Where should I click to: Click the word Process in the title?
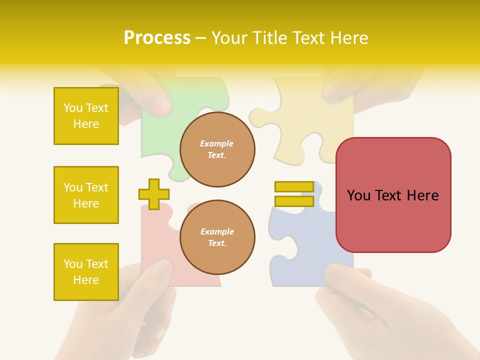tap(157, 38)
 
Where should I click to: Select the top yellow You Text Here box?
tap(86, 116)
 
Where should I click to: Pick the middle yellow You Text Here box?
tap(86, 195)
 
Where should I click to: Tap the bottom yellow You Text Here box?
tap(86, 271)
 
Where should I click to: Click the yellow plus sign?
tap(154, 194)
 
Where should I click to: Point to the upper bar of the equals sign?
tap(294, 187)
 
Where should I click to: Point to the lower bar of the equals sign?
tap(294, 201)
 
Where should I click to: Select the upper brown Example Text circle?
tap(217, 149)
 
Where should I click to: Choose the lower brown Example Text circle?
tap(217, 237)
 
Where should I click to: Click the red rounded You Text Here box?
tap(393, 195)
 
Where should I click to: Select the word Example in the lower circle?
tap(217, 231)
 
